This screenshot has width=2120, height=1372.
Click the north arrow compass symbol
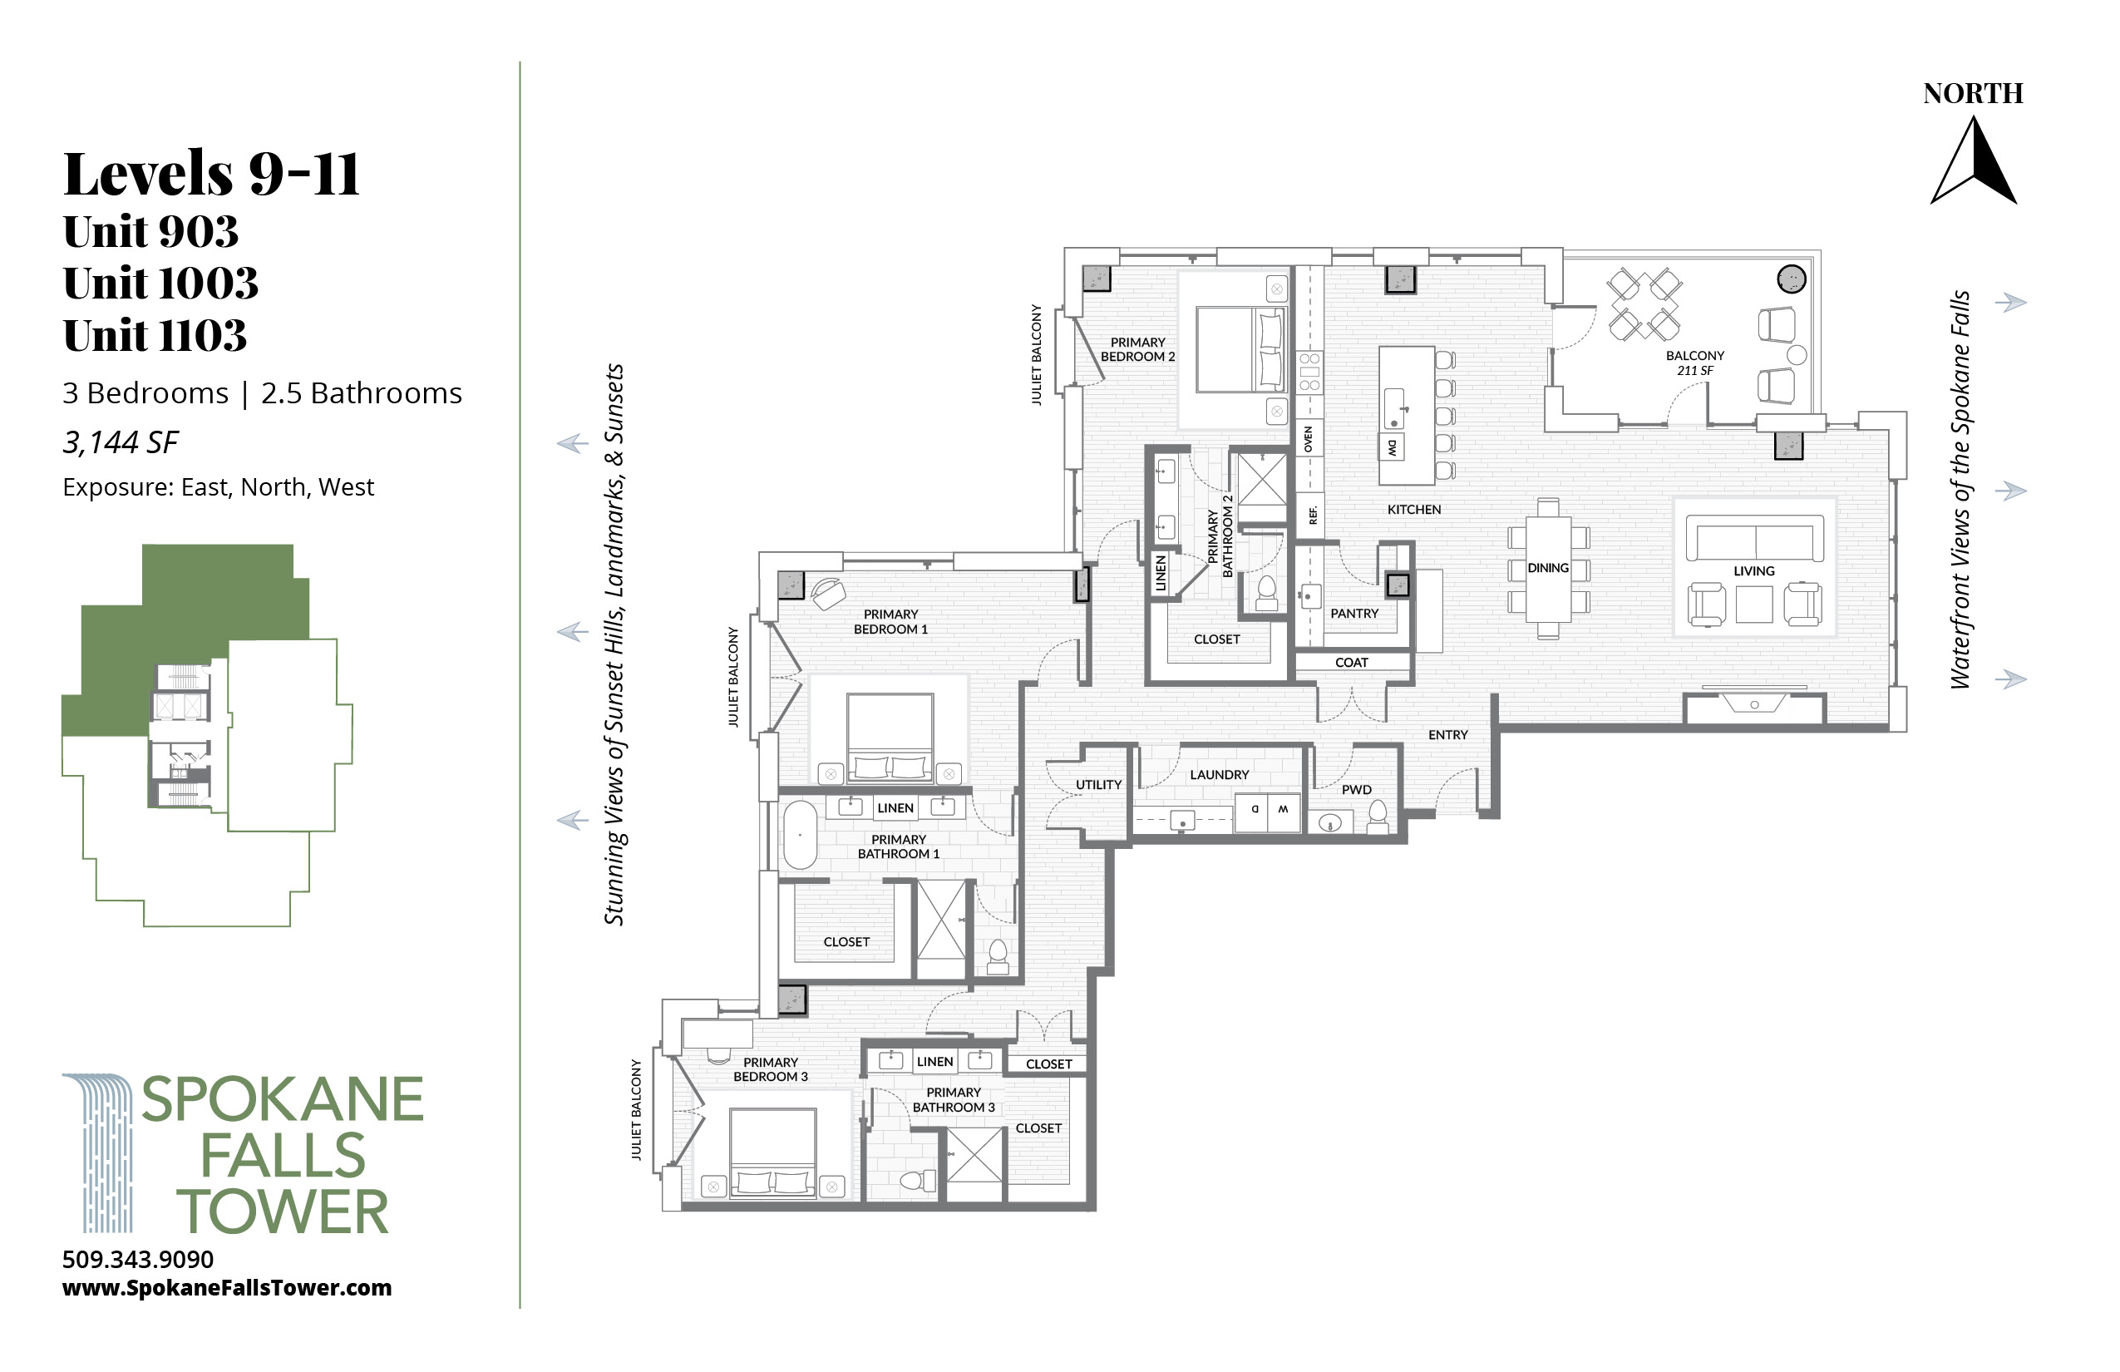click(x=1973, y=162)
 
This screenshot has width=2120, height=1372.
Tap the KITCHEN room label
click(x=1413, y=510)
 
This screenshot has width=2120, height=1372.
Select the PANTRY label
click(x=1354, y=614)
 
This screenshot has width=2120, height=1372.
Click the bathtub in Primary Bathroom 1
click(x=800, y=835)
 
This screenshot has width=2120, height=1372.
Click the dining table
click(x=1548, y=569)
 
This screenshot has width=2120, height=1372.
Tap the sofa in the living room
click(x=1755, y=538)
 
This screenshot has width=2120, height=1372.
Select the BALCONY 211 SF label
click(x=1695, y=363)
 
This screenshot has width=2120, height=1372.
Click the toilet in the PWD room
click(x=1377, y=817)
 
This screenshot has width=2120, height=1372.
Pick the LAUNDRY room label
click(x=1220, y=775)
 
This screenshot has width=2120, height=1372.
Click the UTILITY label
click(x=1098, y=785)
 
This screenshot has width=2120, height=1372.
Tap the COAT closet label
click(x=1351, y=663)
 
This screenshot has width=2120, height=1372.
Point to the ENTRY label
click(x=1447, y=735)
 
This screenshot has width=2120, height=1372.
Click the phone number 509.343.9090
click(x=138, y=1260)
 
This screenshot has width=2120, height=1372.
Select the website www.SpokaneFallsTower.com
click(x=227, y=1288)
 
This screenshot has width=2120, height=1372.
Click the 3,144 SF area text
click(x=121, y=442)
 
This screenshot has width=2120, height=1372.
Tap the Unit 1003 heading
click(x=160, y=284)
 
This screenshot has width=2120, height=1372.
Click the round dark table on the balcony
click(x=1792, y=279)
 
